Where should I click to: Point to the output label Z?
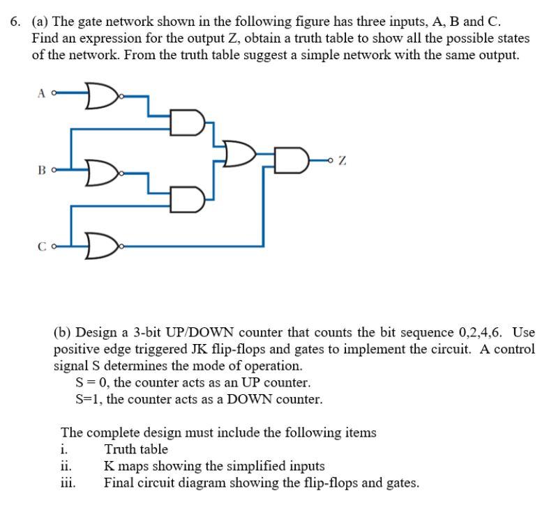(x=340, y=162)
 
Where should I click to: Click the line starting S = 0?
(x=193, y=382)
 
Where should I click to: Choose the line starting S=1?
(x=199, y=399)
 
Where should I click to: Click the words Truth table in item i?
(x=136, y=449)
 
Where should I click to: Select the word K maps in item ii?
(x=125, y=466)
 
